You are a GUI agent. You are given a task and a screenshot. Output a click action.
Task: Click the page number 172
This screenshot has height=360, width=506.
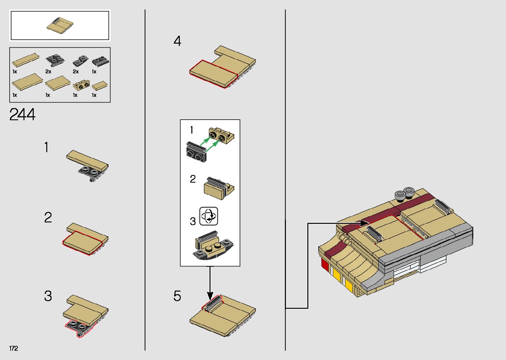click(x=14, y=348)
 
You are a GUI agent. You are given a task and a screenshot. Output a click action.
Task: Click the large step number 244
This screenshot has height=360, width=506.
click(x=22, y=115)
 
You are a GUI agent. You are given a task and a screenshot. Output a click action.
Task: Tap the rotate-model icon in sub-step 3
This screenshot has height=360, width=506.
click(x=209, y=216)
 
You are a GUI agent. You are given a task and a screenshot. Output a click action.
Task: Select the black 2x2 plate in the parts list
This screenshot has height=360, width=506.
click(x=55, y=60)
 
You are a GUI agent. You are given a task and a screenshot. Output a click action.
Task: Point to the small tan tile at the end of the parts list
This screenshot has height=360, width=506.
click(x=99, y=86)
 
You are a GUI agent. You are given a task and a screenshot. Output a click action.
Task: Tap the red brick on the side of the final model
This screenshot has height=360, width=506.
click(x=325, y=264)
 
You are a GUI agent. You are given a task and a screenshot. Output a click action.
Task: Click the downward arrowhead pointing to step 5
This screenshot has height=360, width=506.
click(x=210, y=296)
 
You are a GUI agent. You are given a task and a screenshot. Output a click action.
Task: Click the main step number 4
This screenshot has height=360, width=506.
click(x=177, y=41)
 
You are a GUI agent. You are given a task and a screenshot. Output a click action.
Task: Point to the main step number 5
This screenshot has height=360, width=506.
click(x=177, y=296)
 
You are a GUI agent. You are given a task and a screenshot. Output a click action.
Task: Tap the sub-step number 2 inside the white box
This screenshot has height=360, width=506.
click(x=193, y=179)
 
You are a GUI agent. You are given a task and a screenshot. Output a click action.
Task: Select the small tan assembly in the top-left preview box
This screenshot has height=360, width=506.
click(x=59, y=25)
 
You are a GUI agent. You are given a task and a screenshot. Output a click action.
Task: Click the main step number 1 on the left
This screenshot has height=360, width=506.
click(x=47, y=147)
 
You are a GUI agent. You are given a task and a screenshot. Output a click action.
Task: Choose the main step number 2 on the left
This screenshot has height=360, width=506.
click(x=48, y=218)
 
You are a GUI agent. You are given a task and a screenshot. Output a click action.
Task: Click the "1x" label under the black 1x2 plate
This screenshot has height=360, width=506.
click(x=94, y=72)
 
